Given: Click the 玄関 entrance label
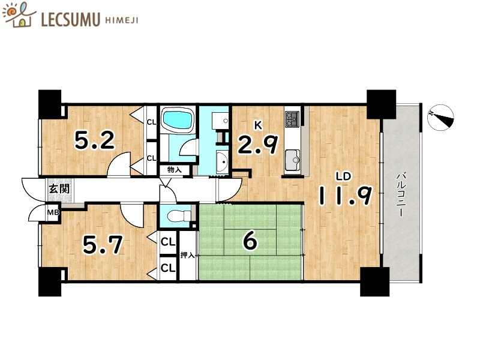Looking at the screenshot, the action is (59, 188).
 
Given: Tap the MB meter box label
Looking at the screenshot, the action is (53, 212).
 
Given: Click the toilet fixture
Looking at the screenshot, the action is (179, 216).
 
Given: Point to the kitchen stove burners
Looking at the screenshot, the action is (292, 118).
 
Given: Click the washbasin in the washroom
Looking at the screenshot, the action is (222, 161).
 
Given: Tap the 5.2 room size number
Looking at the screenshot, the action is (95, 140).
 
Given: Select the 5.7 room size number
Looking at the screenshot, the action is (103, 244).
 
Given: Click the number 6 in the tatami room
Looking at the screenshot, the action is (250, 241).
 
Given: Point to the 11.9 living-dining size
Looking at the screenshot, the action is (346, 196).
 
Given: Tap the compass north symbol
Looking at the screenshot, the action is (440, 118).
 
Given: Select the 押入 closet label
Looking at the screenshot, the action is (187, 254).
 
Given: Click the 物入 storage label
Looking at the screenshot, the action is (175, 170).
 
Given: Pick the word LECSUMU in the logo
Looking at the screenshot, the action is (70, 20).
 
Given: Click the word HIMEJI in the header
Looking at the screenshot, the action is (122, 20).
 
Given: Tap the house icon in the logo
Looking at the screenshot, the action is (19, 16).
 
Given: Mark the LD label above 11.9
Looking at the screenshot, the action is (343, 176).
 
